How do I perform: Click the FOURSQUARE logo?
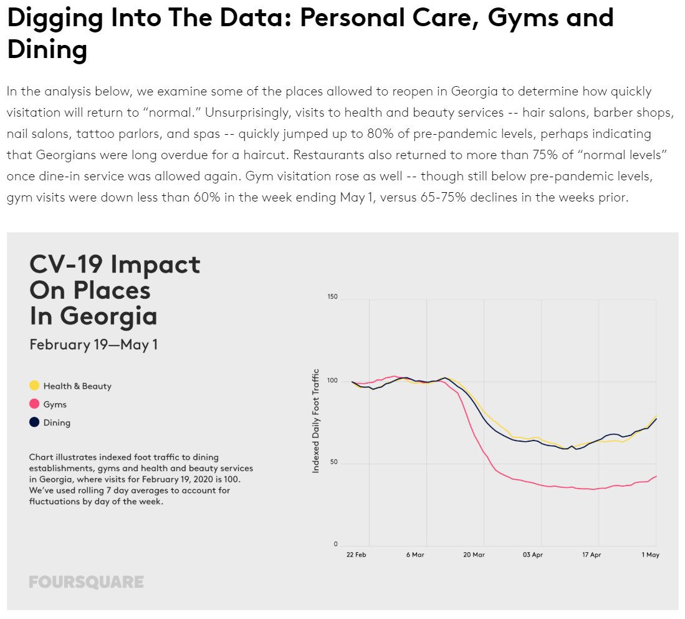pyautogui.click(x=86, y=582)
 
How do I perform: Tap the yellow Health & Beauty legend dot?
pyautogui.click(x=34, y=386)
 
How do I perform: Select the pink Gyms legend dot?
pyautogui.click(x=34, y=404)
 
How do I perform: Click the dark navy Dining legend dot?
pyautogui.click(x=34, y=422)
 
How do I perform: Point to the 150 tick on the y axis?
pyautogui.click(x=332, y=297)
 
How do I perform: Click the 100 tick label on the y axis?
pyautogui.click(x=332, y=380)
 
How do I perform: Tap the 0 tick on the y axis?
pyautogui.click(x=335, y=544)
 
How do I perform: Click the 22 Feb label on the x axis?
pyautogui.click(x=356, y=555)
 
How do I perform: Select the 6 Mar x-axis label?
pyautogui.click(x=414, y=555)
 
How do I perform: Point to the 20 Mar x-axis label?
pyautogui.click(x=474, y=555)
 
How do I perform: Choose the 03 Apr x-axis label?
pyautogui.click(x=532, y=555)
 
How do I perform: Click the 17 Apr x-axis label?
pyautogui.click(x=591, y=555)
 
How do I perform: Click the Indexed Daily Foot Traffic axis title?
pyautogui.click(x=315, y=420)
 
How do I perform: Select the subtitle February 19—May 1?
pyautogui.click(x=93, y=344)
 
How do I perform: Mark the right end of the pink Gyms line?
pyautogui.click(x=656, y=476)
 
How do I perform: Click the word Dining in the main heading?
pyautogui.click(x=47, y=49)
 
